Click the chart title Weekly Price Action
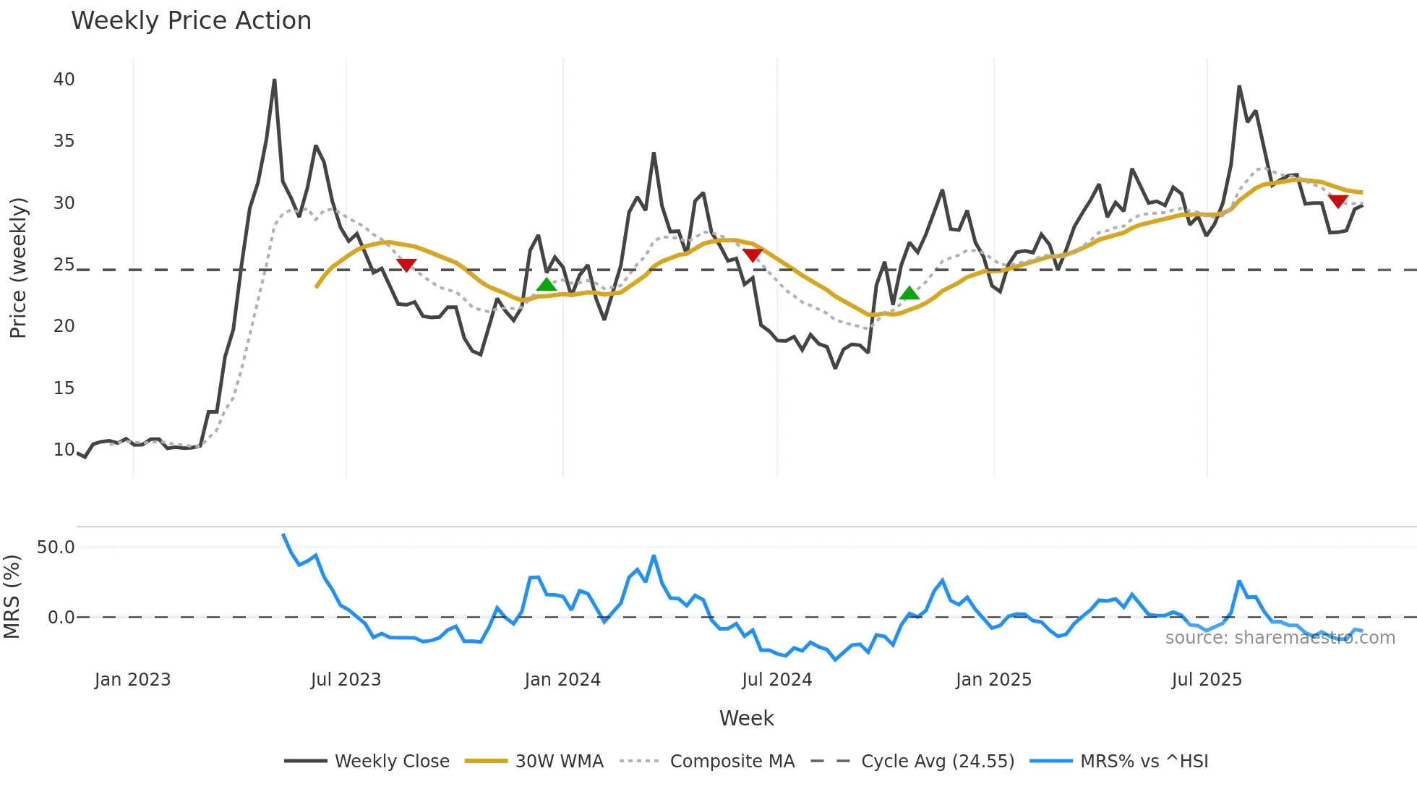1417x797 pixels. click(x=191, y=21)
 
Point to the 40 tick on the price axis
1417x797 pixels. click(x=64, y=80)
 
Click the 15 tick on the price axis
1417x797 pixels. click(x=64, y=388)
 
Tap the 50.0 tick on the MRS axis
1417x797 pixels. click(x=56, y=547)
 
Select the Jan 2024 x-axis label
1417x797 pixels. click(x=562, y=680)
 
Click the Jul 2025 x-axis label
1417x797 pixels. click(x=1207, y=680)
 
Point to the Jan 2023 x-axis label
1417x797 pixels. click(x=132, y=680)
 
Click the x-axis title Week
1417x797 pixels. click(x=746, y=718)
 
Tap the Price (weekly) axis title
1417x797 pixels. click(x=18, y=268)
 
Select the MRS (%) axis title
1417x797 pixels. click(x=12, y=597)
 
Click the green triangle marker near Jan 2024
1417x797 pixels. click(x=547, y=284)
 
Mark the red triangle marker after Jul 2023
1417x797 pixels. click(x=406, y=265)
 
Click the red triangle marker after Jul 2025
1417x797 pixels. click(x=1337, y=201)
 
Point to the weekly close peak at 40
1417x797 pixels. click(x=274, y=80)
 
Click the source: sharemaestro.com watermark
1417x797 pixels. click(x=1280, y=638)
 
